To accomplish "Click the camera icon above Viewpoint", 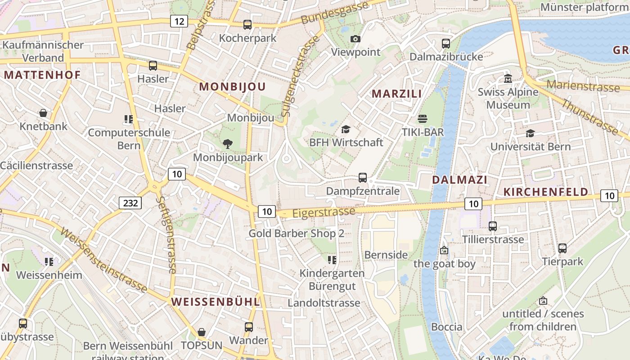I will [355, 39].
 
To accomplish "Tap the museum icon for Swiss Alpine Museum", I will [508, 79].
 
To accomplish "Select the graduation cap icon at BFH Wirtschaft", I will [346, 130].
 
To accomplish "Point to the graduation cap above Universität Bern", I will [530, 134].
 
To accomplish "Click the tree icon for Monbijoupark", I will [228, 144].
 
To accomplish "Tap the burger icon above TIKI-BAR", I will [422, 119].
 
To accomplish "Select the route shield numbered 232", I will [130, 203].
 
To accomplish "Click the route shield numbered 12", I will [179, 21].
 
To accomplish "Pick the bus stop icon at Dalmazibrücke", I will [445, 44].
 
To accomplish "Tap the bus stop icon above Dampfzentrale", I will [363, 178].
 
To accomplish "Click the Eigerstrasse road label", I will [324, 212].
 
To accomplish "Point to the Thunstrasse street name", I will [590, 117].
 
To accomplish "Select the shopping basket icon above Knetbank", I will [43, 113].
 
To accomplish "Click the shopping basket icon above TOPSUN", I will [202, 332].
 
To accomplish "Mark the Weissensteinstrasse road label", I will [103, 261].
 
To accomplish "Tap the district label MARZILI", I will [396, 94].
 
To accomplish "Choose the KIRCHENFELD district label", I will [545, 192].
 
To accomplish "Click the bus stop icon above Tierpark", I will [562, 248].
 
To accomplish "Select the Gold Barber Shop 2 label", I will [297, 234].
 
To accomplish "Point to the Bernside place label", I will [386, 255].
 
